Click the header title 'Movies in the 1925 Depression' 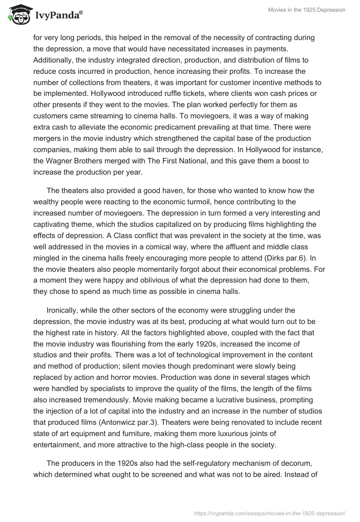pos(306,10)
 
